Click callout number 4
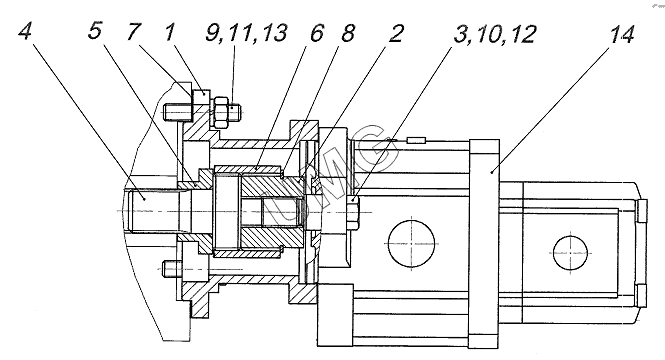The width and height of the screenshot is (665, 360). pos(26,31)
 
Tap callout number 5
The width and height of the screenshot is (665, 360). pos(95,31)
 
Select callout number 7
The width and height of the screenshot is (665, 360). pos(134,31)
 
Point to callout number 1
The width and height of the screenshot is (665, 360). pos(170,31)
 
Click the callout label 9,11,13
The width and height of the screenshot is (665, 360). pos(246,33)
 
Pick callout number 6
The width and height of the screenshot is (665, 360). pos(317,33)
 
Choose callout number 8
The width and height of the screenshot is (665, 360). pos(348,33)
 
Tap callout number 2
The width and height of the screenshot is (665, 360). pos(395,33)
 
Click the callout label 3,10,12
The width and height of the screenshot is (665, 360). pos(495,34)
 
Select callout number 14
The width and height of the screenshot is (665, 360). pos(621,34)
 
